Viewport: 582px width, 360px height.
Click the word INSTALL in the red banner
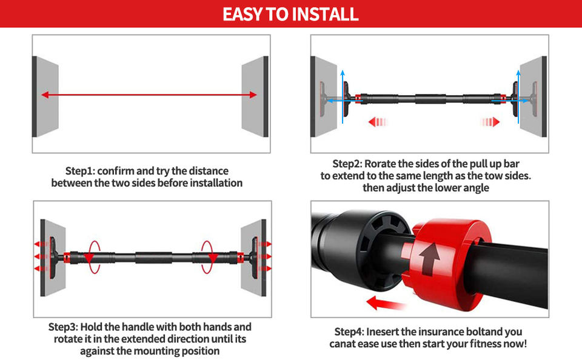(x=325, y=14)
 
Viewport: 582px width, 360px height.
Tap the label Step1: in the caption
(x=80, y=171)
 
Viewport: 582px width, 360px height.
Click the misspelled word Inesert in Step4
(x=383, y=332)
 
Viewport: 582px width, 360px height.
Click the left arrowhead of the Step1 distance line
(x=45, y=95)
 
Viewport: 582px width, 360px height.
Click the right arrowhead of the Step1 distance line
(x=253, y=95)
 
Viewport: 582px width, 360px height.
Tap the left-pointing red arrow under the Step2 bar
(x=378, y=122)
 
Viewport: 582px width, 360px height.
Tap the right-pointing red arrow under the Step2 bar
(x=490, y=122)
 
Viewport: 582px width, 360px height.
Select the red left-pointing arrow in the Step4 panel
(x=386, y=303)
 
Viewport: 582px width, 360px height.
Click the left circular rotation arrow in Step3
(x=90, y=257)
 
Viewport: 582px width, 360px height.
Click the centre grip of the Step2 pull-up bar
(x=430, y=99)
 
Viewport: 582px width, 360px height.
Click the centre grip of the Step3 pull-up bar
(x=153, y=258)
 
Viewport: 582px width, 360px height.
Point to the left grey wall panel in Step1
(x=45, y=96)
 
